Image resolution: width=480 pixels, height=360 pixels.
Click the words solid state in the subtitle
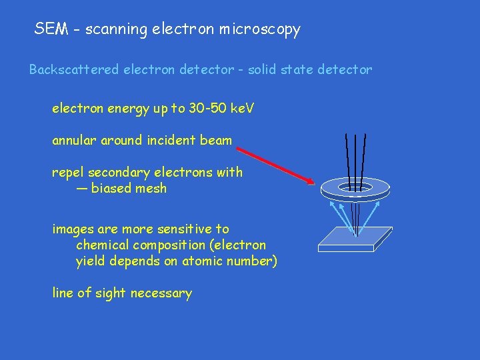pos(279,69)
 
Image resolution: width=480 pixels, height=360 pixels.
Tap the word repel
pos(67,173)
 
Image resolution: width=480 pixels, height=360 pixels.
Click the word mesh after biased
pos(151,189)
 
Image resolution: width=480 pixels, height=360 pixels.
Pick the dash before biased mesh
pos(81,189)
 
